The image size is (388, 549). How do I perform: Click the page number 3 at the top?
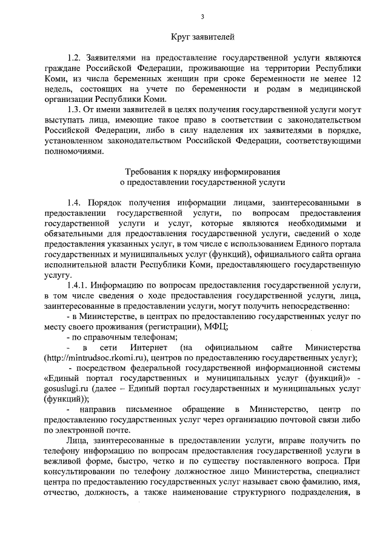202,16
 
